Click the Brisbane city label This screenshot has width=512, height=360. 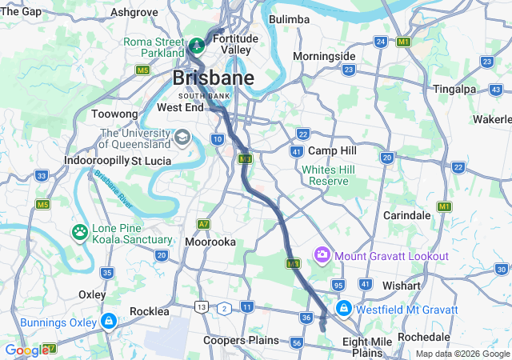pos(214,78)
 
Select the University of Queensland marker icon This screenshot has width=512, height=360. pos(183,138)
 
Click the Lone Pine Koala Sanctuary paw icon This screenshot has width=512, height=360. pos(80,233)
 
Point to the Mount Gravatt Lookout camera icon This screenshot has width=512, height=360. pos(322,255)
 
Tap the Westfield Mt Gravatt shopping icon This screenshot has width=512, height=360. pos(343,308)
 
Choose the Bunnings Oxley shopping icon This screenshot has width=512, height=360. pos(108,321)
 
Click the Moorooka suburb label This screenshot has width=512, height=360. pos(210,241)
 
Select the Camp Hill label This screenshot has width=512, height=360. pos(332,150)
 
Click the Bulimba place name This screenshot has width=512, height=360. pos(289,18)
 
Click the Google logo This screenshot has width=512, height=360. pos(26,350)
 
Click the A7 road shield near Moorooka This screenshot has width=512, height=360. pos(205,224)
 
